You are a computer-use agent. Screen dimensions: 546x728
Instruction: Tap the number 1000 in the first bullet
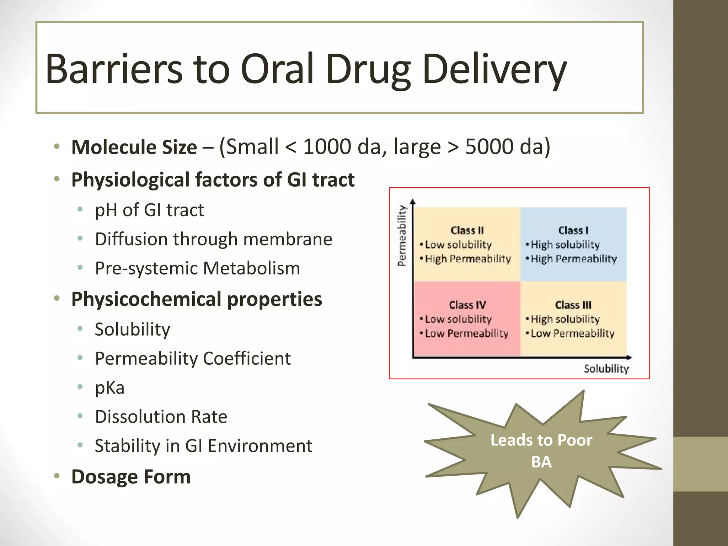[x=327, y=146]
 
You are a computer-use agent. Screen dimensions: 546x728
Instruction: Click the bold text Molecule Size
[x=134, y=147]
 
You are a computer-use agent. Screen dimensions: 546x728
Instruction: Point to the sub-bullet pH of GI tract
[x=149, y=210]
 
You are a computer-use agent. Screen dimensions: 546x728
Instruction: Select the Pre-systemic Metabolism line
[x=197, y=268]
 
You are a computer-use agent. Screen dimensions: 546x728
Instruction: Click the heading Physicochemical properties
[x=197, y=299]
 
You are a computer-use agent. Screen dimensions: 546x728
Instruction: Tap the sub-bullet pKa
[x=109, y=387]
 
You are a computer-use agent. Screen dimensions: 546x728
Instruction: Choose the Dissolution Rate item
[x=161, y=417]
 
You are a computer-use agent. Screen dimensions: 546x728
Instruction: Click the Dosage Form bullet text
[x=131, y=477]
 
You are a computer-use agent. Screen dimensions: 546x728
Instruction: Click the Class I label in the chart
[x=573, y=230]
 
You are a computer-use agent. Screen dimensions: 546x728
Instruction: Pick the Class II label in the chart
[x=467, y=230]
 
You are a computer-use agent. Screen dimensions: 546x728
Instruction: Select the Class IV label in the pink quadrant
[x=467, y=305]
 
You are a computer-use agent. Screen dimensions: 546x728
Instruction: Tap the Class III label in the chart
[x=573, y=305]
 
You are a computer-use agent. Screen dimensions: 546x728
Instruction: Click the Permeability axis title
[x=402, y=236]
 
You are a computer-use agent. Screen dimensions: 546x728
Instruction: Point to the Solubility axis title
[x=606, y=369]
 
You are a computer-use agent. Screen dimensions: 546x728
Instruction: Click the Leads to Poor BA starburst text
[x=541, y=450]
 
